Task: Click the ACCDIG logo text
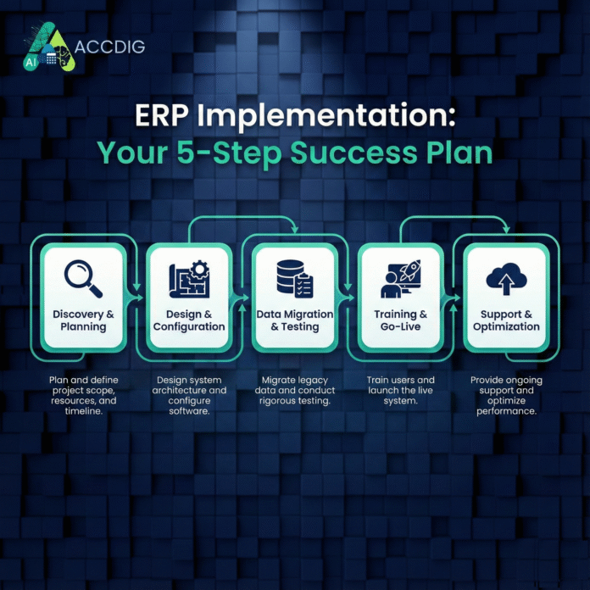click(x=109, y=46)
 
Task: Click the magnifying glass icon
click(x=82, y=277)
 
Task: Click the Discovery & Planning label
click(x=82, y=320)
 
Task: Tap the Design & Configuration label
click(x=188, y=320)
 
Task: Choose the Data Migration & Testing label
click(x=295, y=320)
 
